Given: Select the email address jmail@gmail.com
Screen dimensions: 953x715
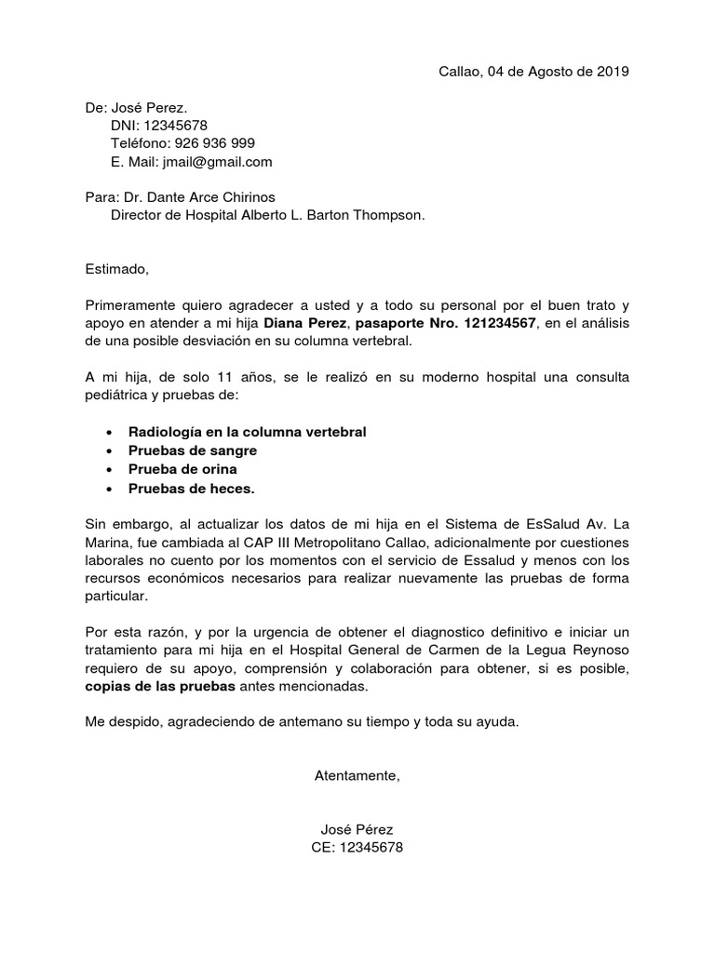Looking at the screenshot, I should (x=217, y=161).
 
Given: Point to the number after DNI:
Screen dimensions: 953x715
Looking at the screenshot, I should (x=174, y=126).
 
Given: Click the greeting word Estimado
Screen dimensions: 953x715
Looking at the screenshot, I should (x=116, y=269).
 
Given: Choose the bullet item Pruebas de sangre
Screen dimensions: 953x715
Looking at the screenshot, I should (x=193, y=450).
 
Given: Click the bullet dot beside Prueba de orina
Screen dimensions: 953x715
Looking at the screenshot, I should (x=111, y=469).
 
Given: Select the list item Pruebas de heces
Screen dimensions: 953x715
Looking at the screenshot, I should (x=191, y=488).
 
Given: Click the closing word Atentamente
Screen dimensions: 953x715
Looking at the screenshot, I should (x=357, y=775).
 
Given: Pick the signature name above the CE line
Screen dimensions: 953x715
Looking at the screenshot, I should (x=357, y=829).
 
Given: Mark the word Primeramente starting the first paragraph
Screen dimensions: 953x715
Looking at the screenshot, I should (x=131, y=304).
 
